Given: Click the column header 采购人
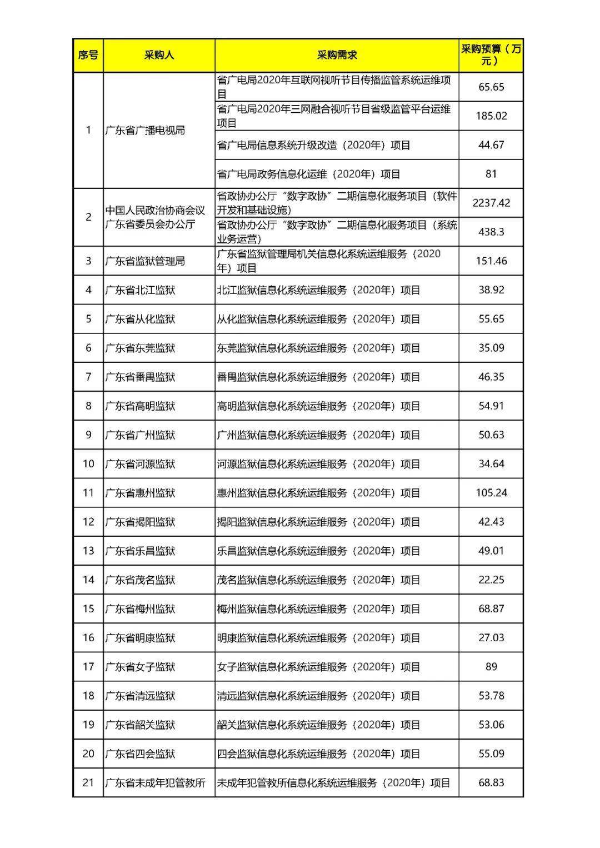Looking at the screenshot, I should (159, 55).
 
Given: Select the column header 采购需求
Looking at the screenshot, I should (337, 55).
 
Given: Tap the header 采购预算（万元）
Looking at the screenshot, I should (491, 55).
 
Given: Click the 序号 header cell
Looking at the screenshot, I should (88, 55).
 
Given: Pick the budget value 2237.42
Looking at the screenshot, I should (491, 203).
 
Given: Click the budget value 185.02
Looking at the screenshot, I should (491, 116).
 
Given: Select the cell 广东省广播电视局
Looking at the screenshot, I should (145, 131).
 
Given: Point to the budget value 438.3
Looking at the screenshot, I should (491, 232).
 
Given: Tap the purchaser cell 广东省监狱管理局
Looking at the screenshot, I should (145, 261).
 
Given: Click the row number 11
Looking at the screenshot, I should (88, 493).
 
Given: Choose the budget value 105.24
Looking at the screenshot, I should (491, 493).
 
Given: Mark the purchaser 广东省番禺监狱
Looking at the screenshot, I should (140, 377).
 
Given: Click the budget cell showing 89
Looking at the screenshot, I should (491, 667).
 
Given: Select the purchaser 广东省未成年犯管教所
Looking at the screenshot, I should (155, 782).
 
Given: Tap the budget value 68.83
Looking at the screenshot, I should (491, 782).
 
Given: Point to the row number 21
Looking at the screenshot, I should (88, 782).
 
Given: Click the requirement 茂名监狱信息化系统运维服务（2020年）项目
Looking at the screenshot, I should (318, 580).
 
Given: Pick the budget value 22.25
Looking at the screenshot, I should (491, 580).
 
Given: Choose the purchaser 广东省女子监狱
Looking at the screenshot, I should (140, 667).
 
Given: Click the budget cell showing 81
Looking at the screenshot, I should (491, 174).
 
